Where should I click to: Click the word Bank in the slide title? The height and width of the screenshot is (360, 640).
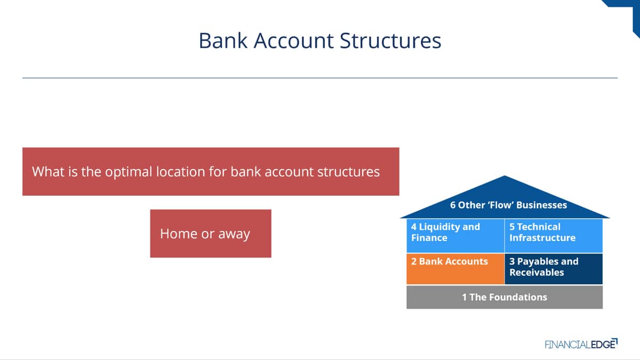[223, 41]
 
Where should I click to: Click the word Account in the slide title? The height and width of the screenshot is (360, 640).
[293, 41]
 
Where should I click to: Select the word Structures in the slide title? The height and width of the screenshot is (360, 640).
[390, 41]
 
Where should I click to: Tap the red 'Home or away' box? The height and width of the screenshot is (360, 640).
[211, 234]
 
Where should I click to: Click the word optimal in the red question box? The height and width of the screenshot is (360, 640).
[129, 172]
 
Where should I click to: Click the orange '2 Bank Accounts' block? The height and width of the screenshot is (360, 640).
[455, 269]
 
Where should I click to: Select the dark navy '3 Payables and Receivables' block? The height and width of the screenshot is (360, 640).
[554, 269]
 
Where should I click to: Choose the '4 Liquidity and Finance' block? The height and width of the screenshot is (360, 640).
[455, 236]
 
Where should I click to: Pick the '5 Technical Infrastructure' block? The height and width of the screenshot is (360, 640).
[554, 236]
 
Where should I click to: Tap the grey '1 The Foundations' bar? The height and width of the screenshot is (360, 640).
[505, 297]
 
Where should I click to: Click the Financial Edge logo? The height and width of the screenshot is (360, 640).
[581, 344]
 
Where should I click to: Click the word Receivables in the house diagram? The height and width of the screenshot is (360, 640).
[537, 273]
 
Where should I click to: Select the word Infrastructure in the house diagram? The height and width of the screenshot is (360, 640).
[542, 238]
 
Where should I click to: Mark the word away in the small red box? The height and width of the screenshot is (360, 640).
[234, 234]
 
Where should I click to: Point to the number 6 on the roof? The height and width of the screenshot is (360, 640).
[453, 205]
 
